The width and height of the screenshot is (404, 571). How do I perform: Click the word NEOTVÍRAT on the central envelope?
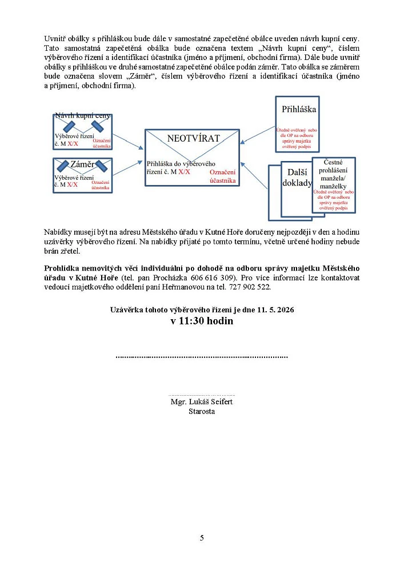click(x=194, y=139)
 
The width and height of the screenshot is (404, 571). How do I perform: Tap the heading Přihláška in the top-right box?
click(x=299, y=109)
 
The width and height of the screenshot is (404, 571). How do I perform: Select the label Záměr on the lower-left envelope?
click(x=82, y=164)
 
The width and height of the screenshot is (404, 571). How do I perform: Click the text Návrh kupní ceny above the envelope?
click(x=82, y=115)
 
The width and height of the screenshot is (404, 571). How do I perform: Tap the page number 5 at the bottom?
click(x=202, y=537)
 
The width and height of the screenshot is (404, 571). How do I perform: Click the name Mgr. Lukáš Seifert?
click(x=202, y=402)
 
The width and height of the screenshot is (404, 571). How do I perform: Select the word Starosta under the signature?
click(x=202, y=411)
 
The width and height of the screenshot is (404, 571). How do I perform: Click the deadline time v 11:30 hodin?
click(x=202, y=321)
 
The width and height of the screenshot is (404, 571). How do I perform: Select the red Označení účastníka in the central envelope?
click(x=223, y=176)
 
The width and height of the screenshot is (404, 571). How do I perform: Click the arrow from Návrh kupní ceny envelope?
click(x=127, y=139)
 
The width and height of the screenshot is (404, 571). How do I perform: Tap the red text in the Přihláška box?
click(x=297, y=138)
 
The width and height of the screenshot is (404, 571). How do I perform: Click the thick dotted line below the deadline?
click(x=202, y=357)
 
